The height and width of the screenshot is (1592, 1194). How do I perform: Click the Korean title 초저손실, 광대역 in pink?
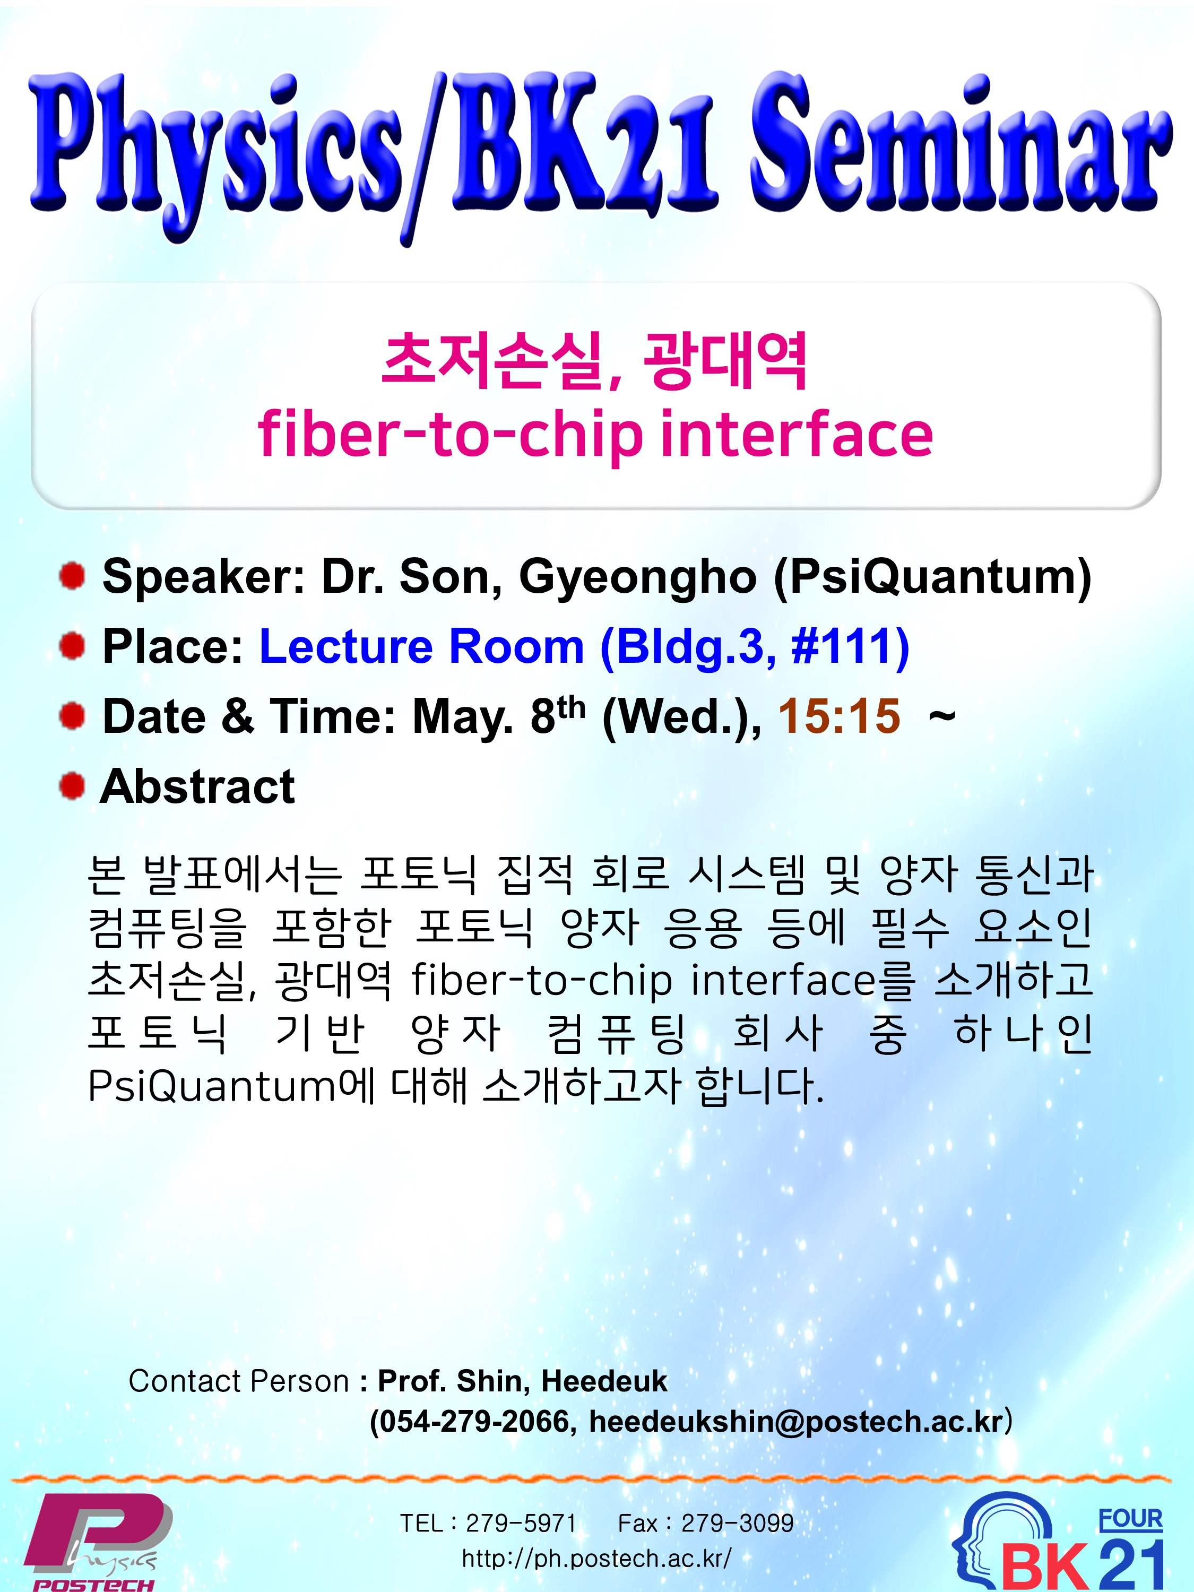click(594, 361)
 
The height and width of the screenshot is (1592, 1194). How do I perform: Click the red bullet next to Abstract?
click(72, 785)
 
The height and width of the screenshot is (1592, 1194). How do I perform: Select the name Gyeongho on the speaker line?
click(638, 578)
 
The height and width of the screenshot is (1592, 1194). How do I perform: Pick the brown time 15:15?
click(839, 716)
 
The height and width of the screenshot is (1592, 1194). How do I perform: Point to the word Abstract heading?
click(198, 786)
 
